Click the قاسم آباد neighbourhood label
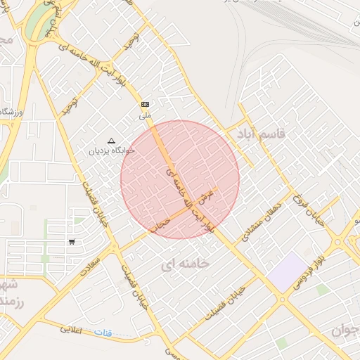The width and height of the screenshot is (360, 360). tap(262, 134)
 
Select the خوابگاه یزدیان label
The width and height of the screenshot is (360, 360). tap(112, 150)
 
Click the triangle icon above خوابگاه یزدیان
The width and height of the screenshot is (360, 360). tap(111, 141)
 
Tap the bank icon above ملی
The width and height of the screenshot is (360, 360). tap(145, 103)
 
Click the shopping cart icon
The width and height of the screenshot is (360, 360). tap(72, 242)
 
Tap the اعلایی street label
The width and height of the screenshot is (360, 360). tap(71, 329)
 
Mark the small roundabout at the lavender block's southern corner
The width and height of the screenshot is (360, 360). tap(282, 299)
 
